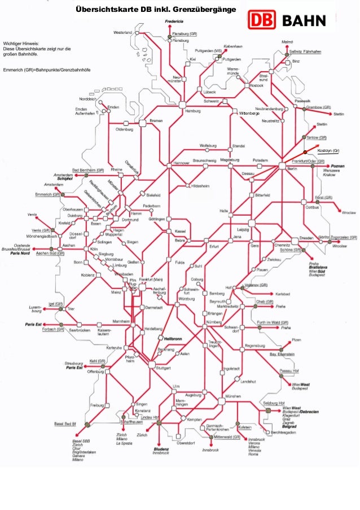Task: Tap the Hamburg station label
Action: coord(193,111)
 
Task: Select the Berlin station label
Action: coord(292,169)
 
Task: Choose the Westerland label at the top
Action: coord(122,32)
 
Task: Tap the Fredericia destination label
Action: coord(174,21)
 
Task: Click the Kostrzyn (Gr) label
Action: coord(328,151)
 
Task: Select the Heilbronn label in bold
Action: coord(172,339)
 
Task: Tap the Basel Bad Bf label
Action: coord(65,423)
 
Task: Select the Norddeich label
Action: coord(87,98)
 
